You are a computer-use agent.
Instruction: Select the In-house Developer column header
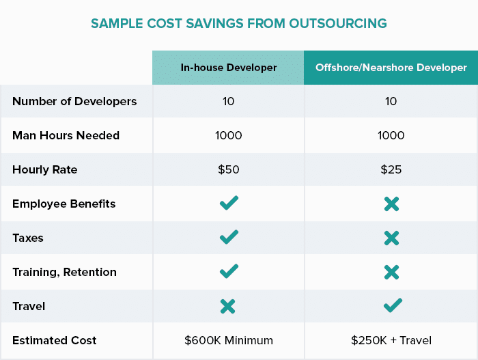pyautogui.click(x=228, y=68)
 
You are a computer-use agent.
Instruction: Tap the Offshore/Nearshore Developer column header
pyautogui.click(x=391, y=68)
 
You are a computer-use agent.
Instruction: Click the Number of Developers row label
pyautogui.click(x=74, y=101)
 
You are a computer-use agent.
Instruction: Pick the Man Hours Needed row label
pyautogui.click(x=66, y=135)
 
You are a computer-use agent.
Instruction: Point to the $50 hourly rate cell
pyautogui.click(x=228, y=169)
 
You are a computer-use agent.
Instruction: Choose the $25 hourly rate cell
pyautogui.click(x=391, y=169)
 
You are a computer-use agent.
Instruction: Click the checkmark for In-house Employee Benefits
pyautogui.click(x=229, y=203)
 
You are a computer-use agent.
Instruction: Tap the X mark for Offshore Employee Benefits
pyautogui.click(x=391, y=204)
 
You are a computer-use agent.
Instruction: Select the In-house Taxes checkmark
pyautogui.click(x=229, y=237)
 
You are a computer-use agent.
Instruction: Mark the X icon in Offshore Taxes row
pyautogui.click(x=391, y=238)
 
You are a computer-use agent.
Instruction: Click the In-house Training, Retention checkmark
pyautogui.click(x=229, y=271)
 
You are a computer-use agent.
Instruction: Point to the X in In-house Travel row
pyautogui.click(x=228, y=306)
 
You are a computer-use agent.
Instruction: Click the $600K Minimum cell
pyautogui.click(x=228, y=340)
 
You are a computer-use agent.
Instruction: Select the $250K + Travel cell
pyautogui.click(x=391, y=340)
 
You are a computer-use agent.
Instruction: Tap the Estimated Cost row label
pyautogui.click(x=55, y=340)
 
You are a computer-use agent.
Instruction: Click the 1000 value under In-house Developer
pyautogui.click(x=228, y=135)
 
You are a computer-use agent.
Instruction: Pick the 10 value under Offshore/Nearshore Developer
pyautogui.click(x=391, y=101)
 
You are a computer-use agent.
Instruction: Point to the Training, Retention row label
pyautogui.click(x=64, y=272)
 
